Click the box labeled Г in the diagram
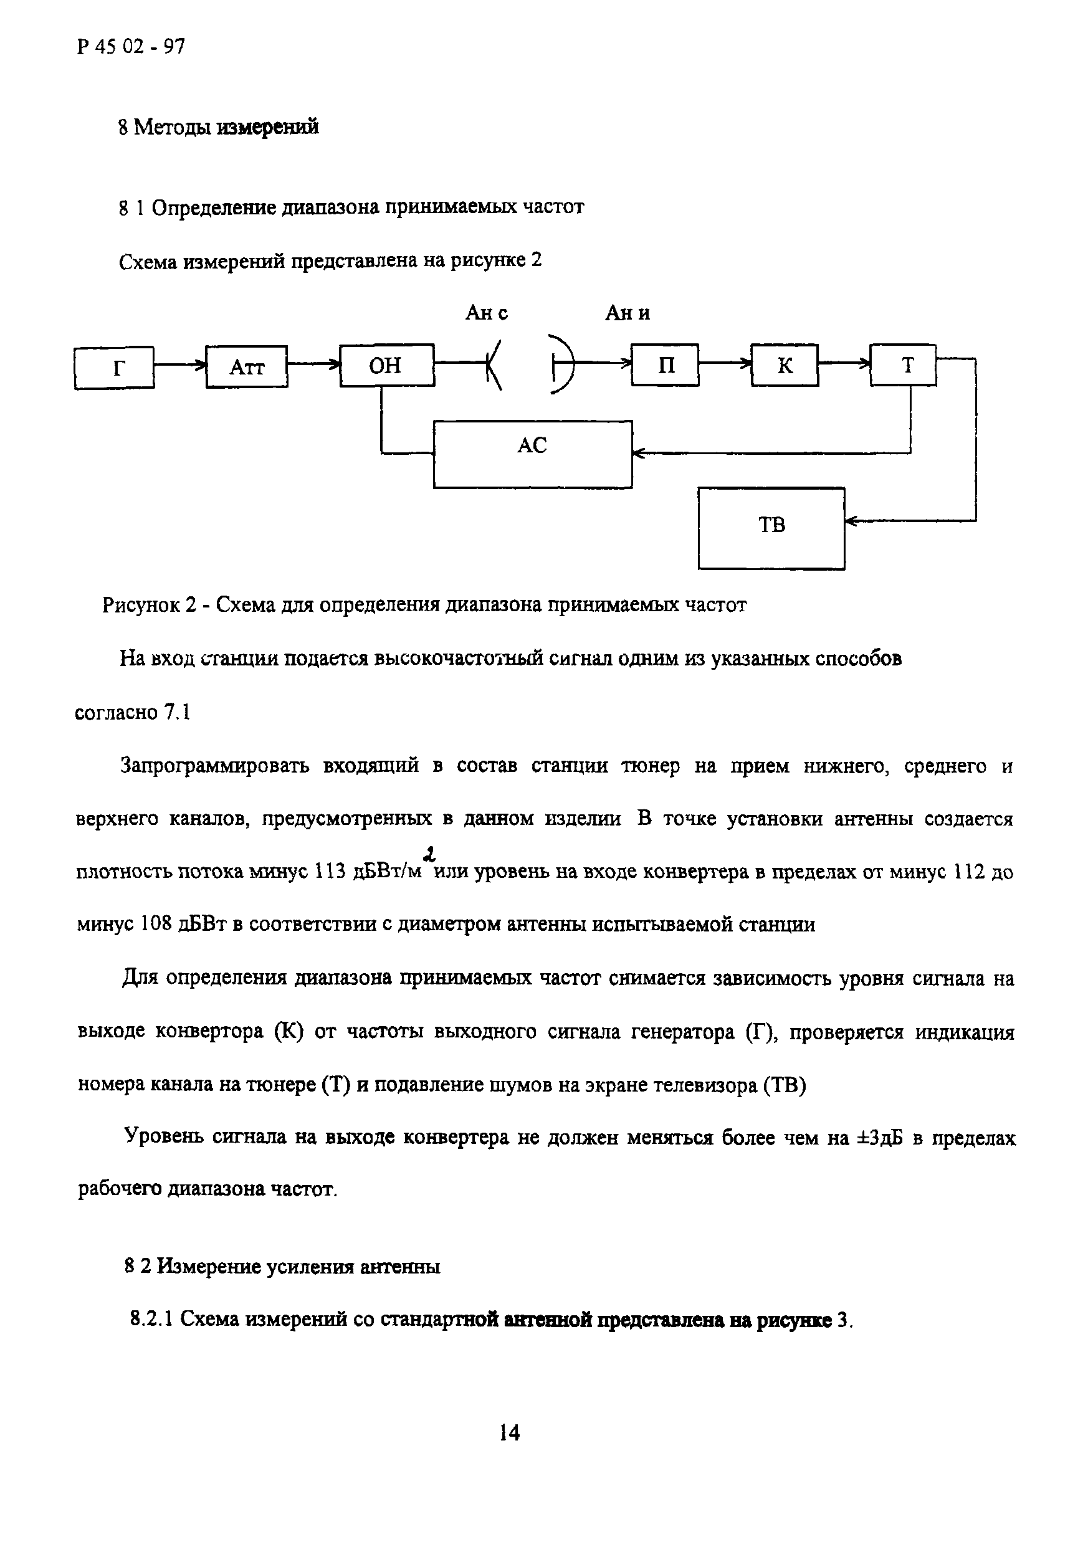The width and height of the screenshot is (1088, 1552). tap(114, 367)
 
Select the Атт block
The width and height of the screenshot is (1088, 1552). tap(246, 366)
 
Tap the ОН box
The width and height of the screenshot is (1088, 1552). tap(387, 366)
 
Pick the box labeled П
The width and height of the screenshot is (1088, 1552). tap(666, 365)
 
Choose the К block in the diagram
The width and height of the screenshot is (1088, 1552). tap(785, 365)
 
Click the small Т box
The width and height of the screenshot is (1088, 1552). tap(903, 365)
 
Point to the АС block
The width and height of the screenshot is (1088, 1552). tap(532, 454)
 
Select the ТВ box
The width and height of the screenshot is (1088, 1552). tap(771, 528)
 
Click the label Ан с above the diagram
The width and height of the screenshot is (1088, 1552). tap(486, 313)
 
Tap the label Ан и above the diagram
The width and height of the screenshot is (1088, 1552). tap(627, 313)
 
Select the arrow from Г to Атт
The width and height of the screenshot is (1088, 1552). tap(180, 366)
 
